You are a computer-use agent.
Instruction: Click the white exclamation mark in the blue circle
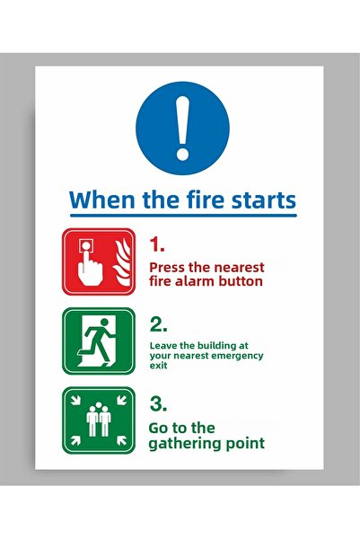click(182, 128)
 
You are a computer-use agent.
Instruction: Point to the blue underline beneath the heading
click(183, 216)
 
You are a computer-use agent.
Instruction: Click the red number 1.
click(156, 245)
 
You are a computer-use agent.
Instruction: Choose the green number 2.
click(158, 324)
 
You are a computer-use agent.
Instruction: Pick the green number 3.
click(158, 403)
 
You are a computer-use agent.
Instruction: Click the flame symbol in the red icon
click(122, 262)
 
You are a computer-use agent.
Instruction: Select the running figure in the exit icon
click(98, 341)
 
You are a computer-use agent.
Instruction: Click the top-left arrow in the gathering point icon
click(75, 400)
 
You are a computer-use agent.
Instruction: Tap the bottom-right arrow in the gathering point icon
click(121, 440)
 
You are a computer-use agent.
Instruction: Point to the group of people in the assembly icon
click(99, 419)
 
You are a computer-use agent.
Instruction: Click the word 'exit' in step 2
click(158, 366)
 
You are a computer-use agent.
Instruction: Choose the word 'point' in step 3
click(245, 443)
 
